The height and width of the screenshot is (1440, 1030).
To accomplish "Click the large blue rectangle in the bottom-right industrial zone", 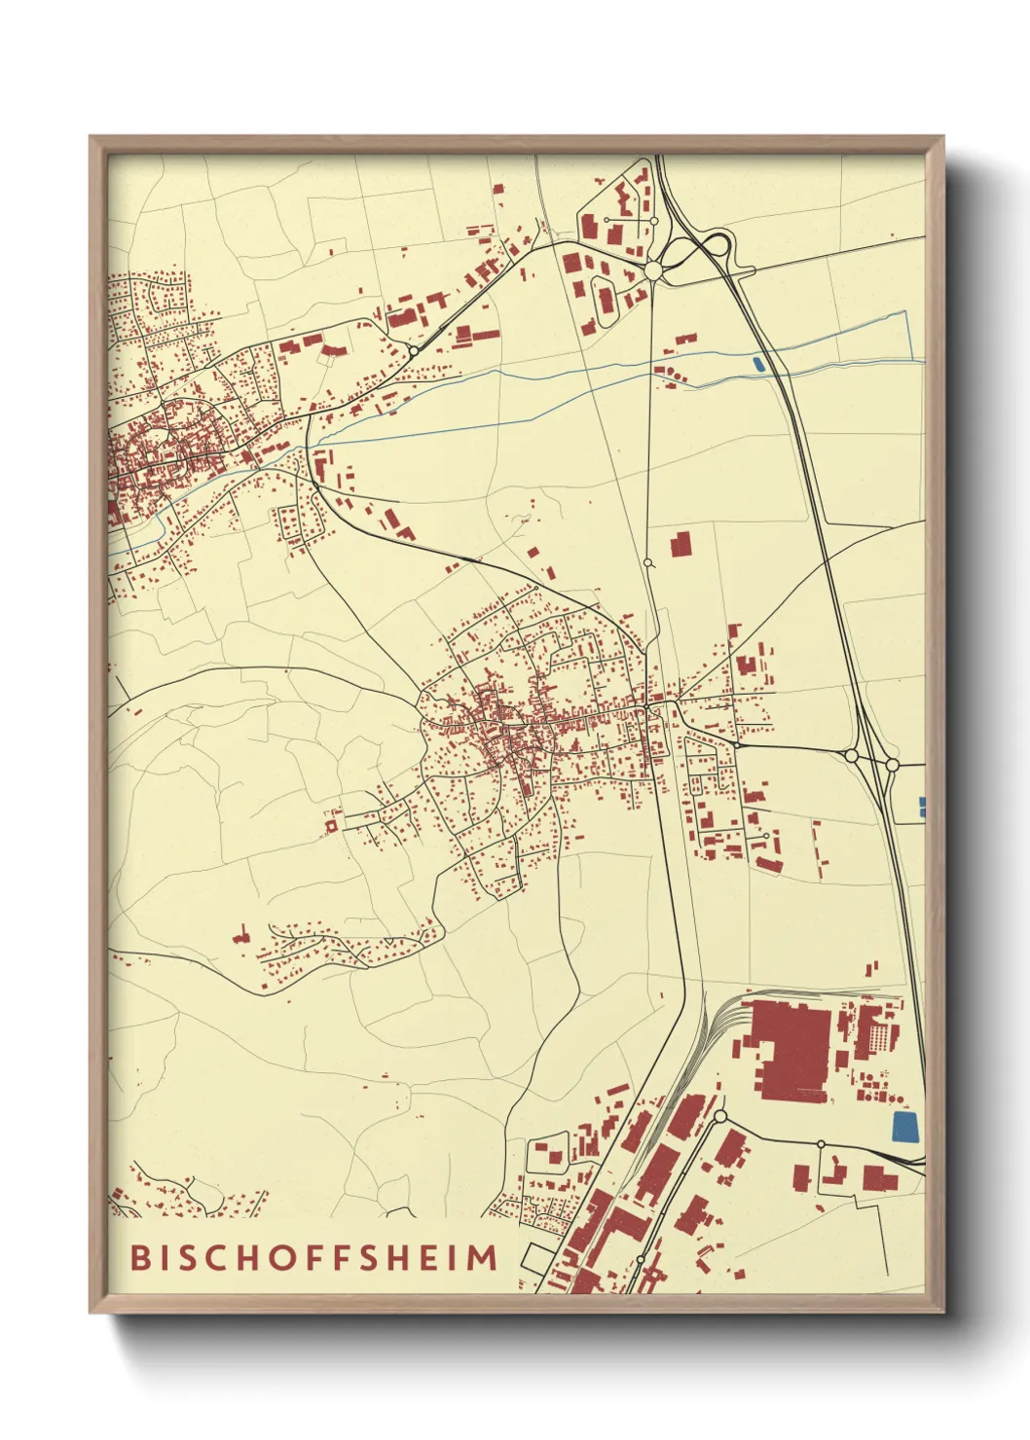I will pyautogui.click(x=904, y=1126).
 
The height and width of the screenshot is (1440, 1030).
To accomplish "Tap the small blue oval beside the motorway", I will pyautogui.click(x=758, y=365).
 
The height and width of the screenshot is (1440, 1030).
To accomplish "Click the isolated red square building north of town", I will pyautogui.click(x=680, y=544).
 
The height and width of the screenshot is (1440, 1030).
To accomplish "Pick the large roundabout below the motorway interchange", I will pyautogui.click(x=653, y=270).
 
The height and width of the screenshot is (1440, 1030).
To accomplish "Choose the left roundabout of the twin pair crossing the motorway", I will pyautogui.click(x=852, y=755).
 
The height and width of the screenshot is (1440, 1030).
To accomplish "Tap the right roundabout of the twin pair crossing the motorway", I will pyautogui.click(x=892, y=765).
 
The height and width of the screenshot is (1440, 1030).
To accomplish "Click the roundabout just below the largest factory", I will pyautogui.click(x=720, y=1115).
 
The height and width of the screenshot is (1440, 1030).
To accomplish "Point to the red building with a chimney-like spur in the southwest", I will pyautogui.click(x=240, y=936).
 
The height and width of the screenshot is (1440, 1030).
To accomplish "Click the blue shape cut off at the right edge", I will pyautogui.click(x=922, y=806).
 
